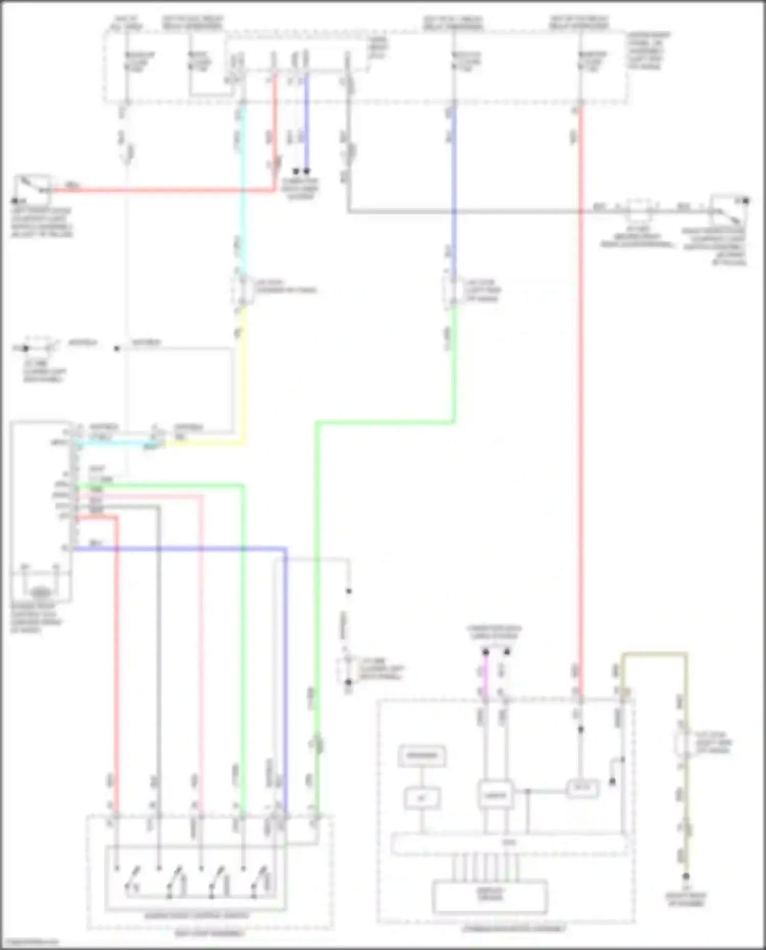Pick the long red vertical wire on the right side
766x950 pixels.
[x=581, y=408]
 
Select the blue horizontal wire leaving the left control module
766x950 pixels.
[x=179, y=549]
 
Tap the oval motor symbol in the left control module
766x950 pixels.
[x=41, y=593]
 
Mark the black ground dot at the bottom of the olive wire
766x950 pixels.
[x=686, y=876]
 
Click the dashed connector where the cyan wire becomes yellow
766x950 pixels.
[x=243, y=290]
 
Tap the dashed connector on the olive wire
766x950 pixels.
[x=684, y=743]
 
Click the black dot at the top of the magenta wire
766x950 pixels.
[x=485, y=652]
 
